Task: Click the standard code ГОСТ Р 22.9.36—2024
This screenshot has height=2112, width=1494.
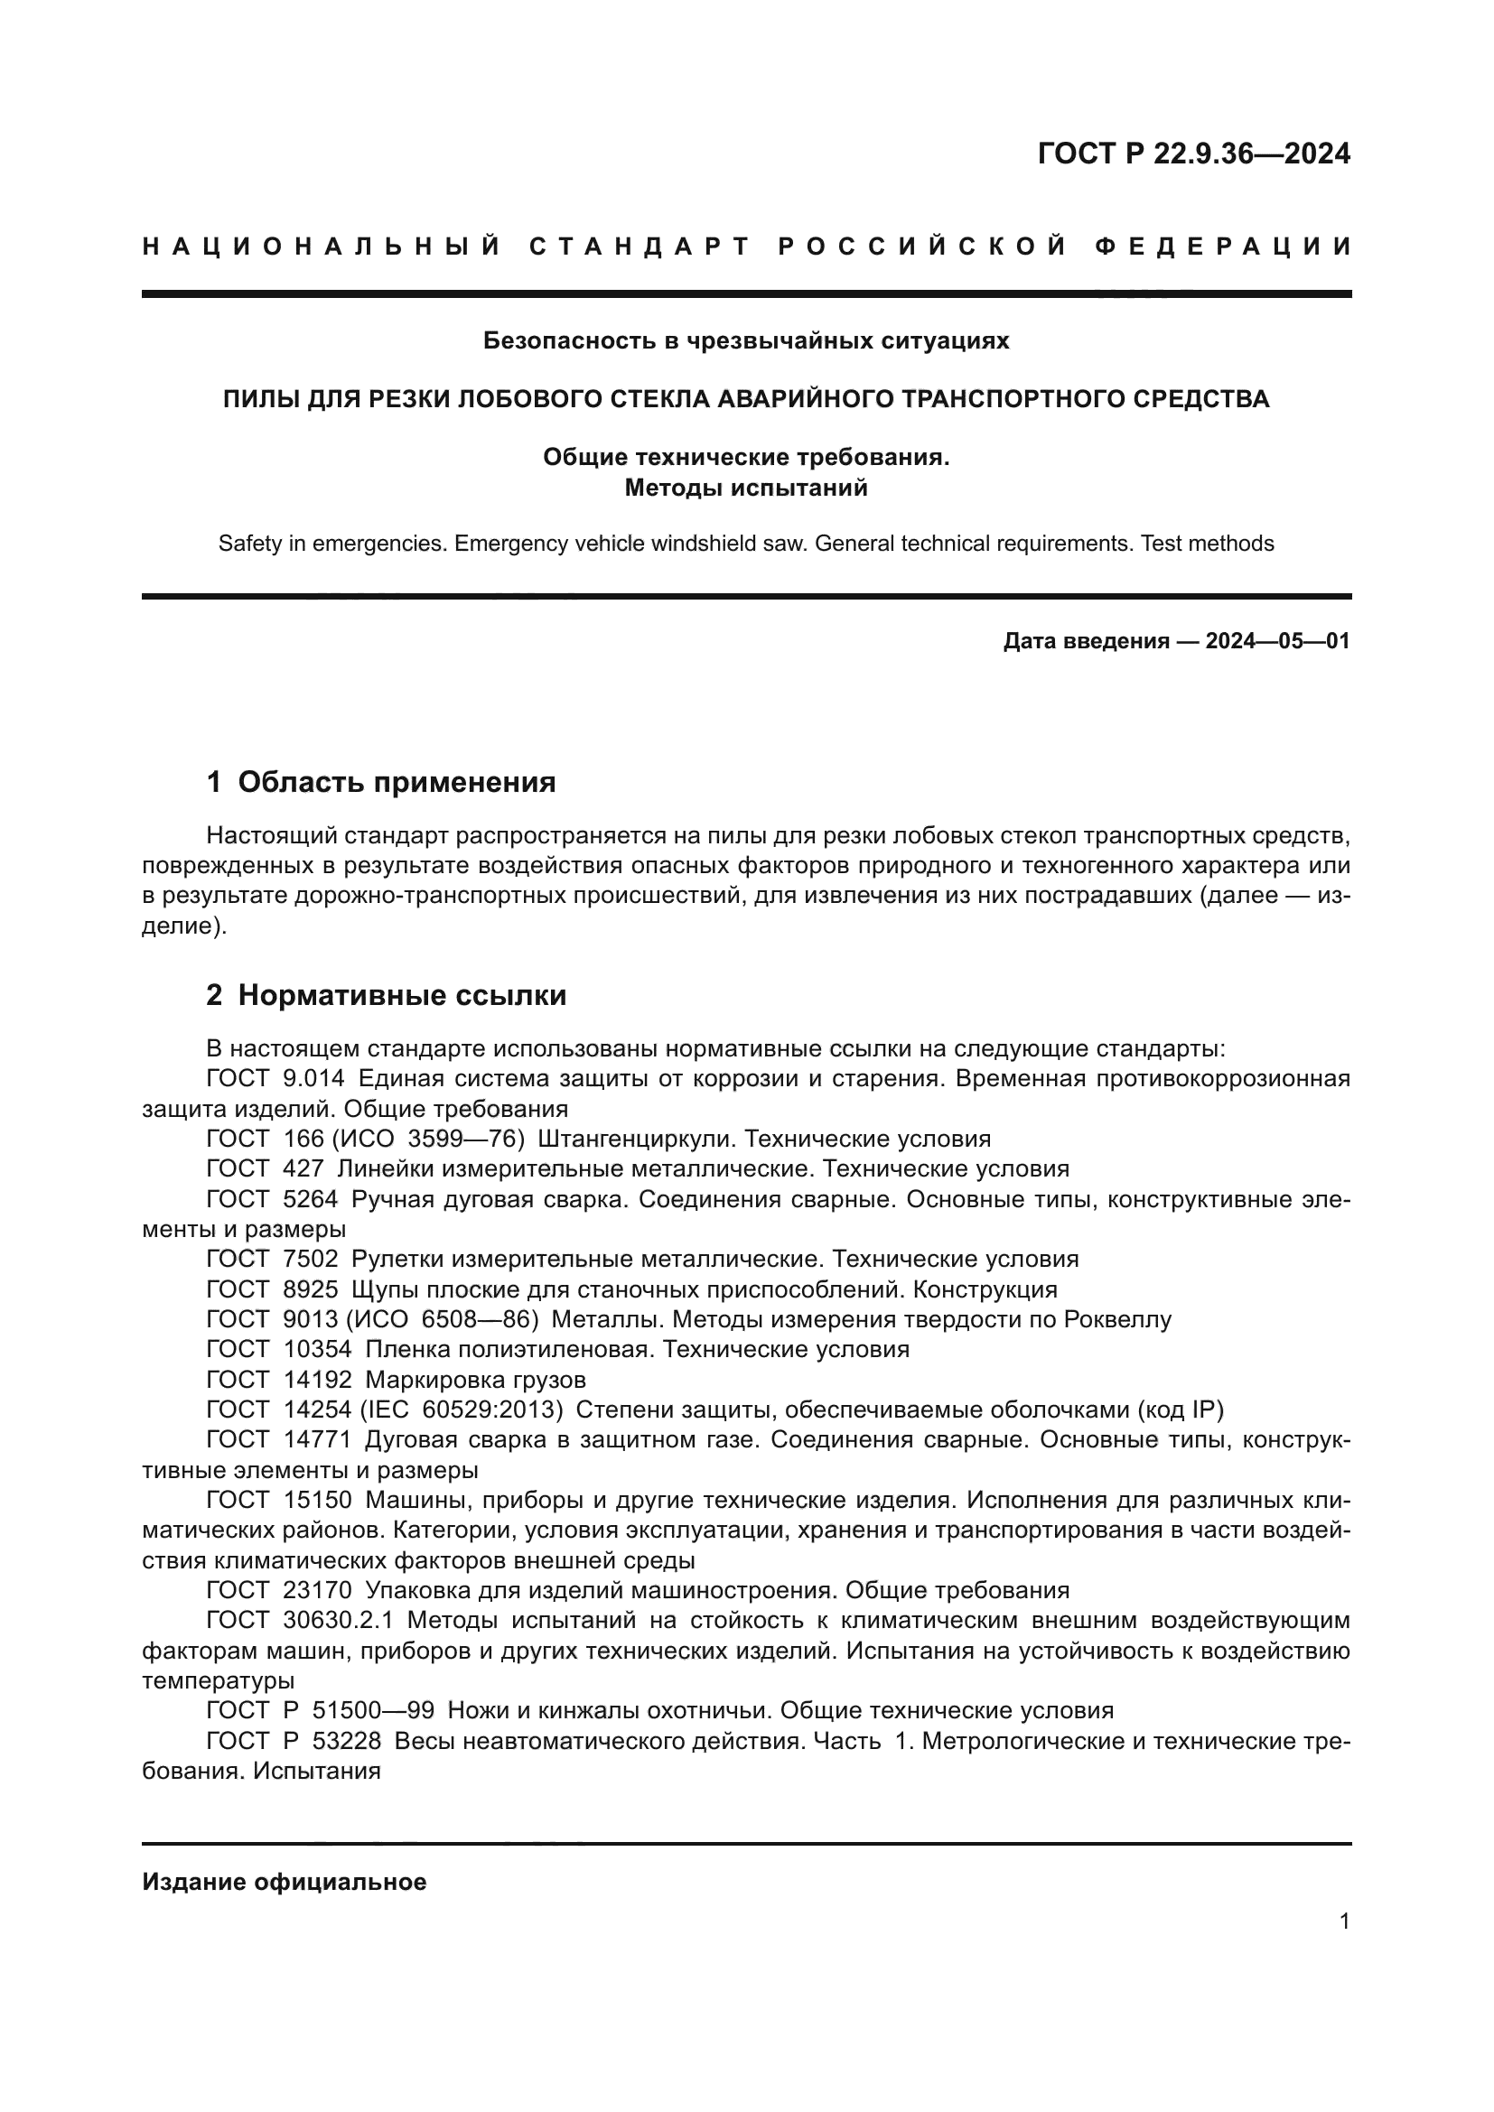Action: point(1193,154)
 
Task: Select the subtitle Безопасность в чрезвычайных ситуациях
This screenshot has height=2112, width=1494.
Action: point(746,341)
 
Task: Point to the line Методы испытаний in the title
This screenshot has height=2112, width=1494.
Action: point(746,488)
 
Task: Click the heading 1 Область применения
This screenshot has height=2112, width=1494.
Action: point(382,782)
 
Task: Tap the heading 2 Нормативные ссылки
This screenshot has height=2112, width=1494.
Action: point(387,995)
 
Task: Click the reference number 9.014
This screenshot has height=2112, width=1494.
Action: point(314,1079)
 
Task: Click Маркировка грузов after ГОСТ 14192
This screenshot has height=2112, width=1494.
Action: point(476,1380)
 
